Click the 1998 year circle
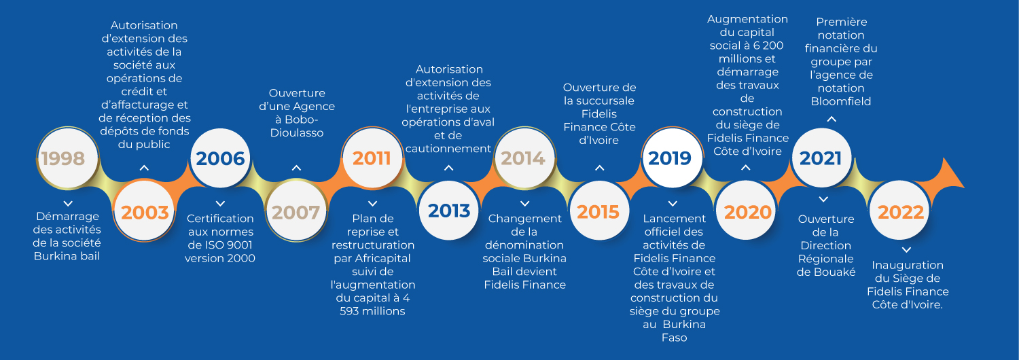[68, 158]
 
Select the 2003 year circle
[144, 211]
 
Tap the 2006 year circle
[220, 158]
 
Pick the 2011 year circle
[372, 158]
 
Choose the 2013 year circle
[448, 211]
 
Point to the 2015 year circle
[599, 211]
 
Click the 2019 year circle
[672, 158]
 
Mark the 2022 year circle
[900, 211]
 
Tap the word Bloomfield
[841, 101]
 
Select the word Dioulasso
[297, 133]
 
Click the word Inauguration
[908, 266]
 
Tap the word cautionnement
[448, 149]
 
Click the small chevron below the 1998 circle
[68, 204]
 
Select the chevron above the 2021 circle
[832, 120]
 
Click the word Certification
[220, 219]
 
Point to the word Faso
[674, 338]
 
